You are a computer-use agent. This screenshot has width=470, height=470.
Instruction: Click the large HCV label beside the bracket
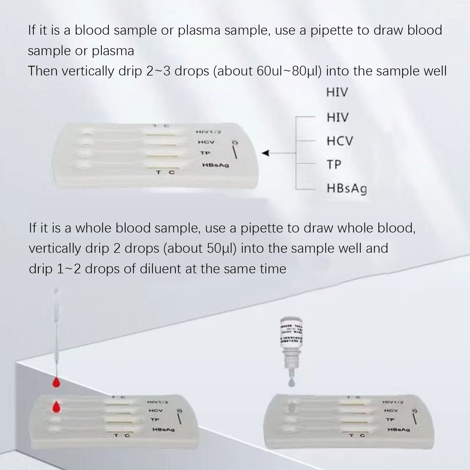coord(340,141)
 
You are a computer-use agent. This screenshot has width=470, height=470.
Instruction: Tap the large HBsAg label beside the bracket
coord(347,189)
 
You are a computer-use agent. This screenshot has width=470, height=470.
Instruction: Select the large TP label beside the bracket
coord(334,164)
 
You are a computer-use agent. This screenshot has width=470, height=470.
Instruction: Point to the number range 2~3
coord(158,71)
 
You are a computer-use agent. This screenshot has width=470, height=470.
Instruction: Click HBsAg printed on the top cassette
coord(215,165)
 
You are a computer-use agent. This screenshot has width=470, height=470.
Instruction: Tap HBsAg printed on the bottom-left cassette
coord(163,430)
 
